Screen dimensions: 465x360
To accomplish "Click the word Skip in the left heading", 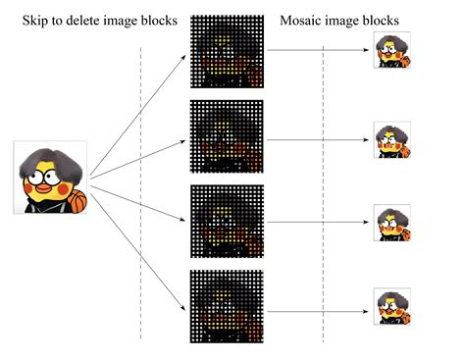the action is coord(35,21).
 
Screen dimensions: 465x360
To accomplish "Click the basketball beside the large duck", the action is coord(77,201).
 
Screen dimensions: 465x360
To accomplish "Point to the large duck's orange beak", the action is coord(43,188).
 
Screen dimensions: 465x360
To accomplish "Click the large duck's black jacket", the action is coord(46,207).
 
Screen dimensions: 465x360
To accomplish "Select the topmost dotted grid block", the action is coord(227,51).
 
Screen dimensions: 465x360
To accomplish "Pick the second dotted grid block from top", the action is coord(227,136).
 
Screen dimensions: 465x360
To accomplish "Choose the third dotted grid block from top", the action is coord(227,222).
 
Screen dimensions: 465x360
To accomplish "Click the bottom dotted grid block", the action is coord(227,306).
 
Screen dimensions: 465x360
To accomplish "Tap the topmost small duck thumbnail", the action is coord(392,50).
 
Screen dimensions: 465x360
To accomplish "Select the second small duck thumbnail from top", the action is coord(392,140).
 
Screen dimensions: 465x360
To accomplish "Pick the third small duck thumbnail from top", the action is coord(392,223).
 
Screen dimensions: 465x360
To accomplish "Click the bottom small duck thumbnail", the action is coord(392,306).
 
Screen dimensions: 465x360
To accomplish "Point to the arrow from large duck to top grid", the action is coord(137,116).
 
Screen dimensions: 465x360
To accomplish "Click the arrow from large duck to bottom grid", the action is coord(138,252).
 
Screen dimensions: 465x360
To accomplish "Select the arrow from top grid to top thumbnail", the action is coord(318,50).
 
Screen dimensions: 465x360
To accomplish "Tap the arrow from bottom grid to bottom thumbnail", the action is coord(318,311).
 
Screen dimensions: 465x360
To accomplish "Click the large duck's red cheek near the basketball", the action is coord(63,188).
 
